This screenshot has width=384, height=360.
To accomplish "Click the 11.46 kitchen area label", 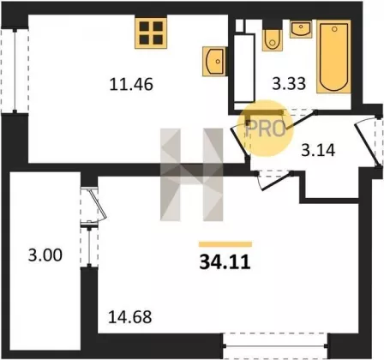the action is (131, 85).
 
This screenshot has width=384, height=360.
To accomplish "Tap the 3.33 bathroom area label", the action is (289, 84).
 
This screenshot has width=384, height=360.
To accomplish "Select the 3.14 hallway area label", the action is (318, 150).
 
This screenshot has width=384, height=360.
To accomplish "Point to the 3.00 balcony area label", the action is (45, 255).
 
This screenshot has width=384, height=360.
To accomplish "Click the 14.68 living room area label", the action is (130, 317).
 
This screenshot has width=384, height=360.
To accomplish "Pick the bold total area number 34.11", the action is (225, 262).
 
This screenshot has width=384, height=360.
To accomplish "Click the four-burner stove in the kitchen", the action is (151, 33).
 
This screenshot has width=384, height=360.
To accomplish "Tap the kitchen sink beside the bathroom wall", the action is (214, 62).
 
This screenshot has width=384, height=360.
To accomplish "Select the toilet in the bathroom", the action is (273, 40).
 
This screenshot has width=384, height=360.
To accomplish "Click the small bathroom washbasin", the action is (301, 29).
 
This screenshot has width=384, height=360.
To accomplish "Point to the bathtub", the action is (333, 57).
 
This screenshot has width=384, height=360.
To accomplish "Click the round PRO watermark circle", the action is (265, 128).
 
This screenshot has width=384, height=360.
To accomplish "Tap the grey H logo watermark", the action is (191, 175).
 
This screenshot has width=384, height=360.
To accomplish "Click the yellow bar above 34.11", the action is (225, 244).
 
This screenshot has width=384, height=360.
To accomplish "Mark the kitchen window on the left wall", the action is (15, 70).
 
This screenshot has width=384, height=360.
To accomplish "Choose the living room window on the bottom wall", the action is (275, 345).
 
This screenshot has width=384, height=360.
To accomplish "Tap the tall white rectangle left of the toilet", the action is (244, 69).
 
